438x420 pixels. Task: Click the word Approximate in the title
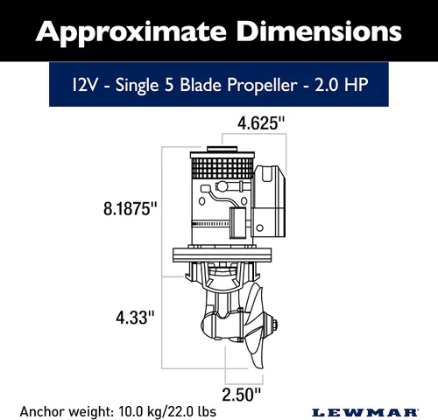[131, 32]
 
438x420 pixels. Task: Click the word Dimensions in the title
[319, 31]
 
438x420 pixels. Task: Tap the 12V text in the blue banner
[84, 85]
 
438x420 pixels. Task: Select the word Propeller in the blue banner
[262, 86]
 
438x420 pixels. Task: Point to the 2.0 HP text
[342, 85]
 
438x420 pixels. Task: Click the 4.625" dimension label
[261, 123]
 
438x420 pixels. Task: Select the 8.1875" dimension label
[131, 209]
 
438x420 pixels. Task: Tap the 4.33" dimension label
[135, 318]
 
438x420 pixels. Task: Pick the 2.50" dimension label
[241, 395]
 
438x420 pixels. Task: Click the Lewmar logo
[365, 413]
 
